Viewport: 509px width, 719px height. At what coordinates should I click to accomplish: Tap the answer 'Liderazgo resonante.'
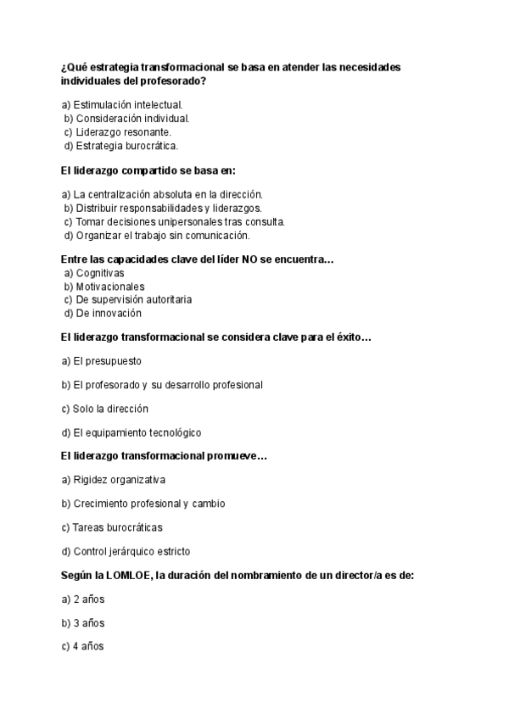click(117, 132)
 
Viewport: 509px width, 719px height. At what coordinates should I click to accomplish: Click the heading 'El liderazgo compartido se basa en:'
click(148, 170)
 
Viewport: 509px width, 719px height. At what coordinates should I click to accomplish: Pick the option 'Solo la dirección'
click(105, 409)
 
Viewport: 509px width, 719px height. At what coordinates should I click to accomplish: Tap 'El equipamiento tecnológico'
click(131, 432)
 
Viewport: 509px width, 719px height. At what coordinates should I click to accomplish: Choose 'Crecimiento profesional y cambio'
click(143, 504)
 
